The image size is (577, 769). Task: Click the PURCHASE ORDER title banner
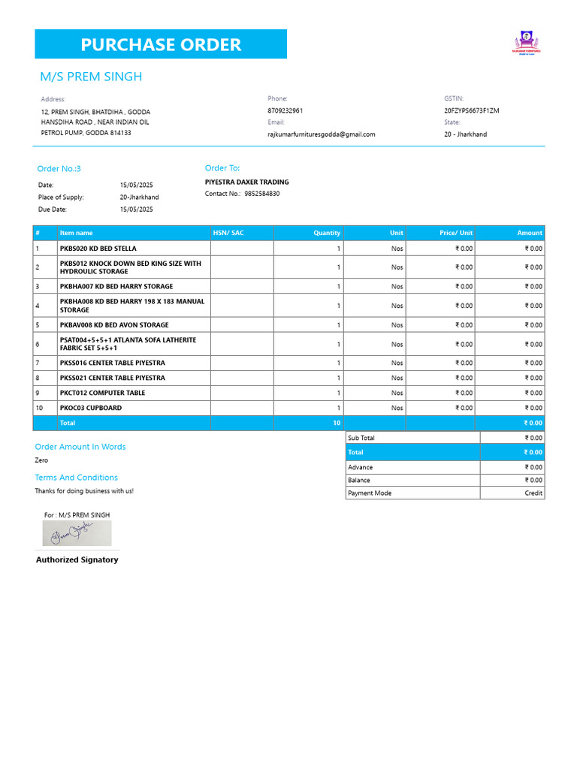161,44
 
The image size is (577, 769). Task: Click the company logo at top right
526,43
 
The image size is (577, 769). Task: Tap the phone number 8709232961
285,110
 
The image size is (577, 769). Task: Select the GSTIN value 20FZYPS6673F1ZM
472,110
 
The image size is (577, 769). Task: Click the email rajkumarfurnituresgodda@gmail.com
321,134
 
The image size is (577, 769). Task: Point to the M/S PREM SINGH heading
91,77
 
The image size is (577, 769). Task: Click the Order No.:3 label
59,169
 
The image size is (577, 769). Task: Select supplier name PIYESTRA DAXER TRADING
246,182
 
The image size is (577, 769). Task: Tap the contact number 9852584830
262,194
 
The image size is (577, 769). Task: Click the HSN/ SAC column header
228,233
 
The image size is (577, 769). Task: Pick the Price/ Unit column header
456,233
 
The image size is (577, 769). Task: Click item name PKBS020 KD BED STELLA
98,249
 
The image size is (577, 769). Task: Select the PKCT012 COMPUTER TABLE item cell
103,393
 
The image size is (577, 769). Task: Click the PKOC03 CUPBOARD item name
91,408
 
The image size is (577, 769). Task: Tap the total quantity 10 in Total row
337,424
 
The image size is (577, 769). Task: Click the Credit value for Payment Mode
533,493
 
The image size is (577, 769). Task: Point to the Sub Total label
361,438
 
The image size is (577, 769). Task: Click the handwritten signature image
77,533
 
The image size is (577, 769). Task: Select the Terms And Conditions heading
76,478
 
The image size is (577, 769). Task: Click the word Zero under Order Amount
41,460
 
